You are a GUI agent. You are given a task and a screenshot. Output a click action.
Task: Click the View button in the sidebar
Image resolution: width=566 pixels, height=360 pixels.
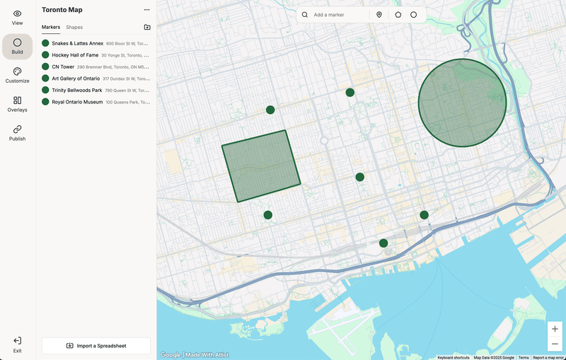point(17,17)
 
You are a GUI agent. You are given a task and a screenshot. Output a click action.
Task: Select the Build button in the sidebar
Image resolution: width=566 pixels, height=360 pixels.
point(17,46)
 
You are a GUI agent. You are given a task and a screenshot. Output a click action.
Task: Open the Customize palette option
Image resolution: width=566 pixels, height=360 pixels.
point(17,75)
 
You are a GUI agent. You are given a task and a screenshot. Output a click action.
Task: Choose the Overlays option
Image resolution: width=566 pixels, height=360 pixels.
point(17,104)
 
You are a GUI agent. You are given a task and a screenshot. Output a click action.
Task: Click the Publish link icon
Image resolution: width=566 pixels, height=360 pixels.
point(17,133)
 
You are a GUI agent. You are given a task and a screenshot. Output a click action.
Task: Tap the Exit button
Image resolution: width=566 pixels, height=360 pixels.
point(17,344)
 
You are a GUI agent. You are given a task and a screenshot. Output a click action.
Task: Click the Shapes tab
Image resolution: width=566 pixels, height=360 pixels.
point(74,27)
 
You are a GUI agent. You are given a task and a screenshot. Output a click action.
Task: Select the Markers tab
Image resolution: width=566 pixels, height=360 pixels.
point(51,27)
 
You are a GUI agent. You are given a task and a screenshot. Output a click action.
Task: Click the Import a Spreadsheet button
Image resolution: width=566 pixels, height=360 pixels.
point(96,346)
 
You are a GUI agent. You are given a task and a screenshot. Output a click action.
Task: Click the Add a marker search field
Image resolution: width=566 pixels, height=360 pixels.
point(338,15)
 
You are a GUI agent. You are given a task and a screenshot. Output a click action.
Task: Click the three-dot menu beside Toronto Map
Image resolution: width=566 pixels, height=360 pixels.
point(146,10)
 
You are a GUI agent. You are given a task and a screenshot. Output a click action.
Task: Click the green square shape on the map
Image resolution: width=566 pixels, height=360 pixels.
point(261,166)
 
